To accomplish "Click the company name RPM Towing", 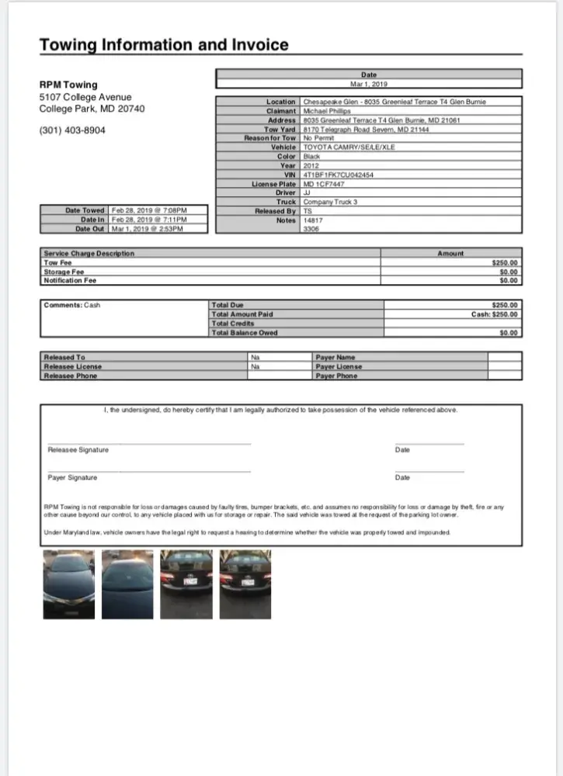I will click(x=68, y=85).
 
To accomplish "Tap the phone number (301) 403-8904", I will click(x=72, y=130).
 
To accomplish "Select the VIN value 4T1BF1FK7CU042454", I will click(x=338, y=175).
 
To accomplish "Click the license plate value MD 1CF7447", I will click(x=324, y=184).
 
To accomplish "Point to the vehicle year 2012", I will click(x=311, y=165).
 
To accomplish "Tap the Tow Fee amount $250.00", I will click(x=505, y=262).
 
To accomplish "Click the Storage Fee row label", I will click(x=64, y=272).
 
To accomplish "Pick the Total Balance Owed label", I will click(x=244, y=333).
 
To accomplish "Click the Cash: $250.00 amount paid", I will click(x=494, y=314).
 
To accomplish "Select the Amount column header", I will click(x=450, y=253).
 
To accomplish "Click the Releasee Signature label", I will click(x=78, y=450).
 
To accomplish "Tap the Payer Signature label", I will click(x=72, y=477).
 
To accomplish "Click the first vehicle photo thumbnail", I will click(x=68, y=584).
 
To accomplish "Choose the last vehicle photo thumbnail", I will click(x=245, y=584).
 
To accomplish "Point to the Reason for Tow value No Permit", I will click(x=318, y=138).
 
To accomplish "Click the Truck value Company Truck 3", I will click(x=330, y=202).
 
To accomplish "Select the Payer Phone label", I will click(x=336, y=376).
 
